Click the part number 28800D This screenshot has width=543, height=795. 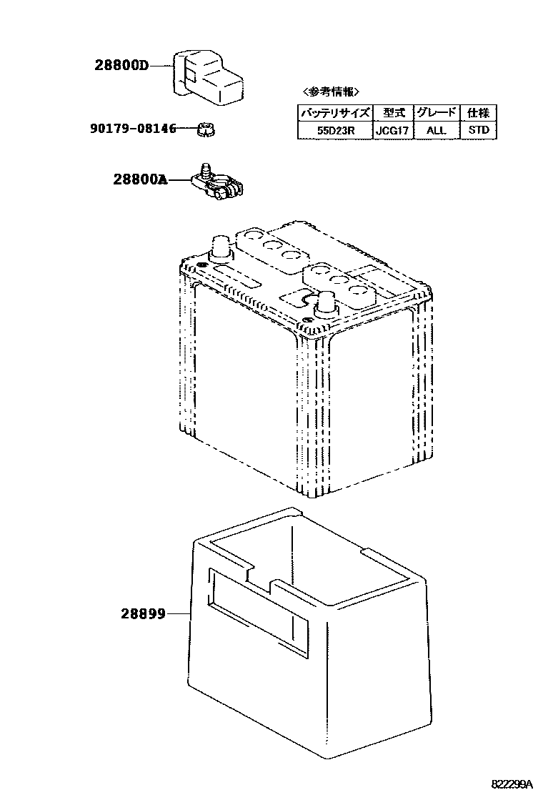coord(121,66)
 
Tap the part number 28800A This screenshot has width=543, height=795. coord(139,179)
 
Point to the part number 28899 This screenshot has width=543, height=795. coord(143,613)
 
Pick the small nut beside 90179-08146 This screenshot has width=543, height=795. coord(206,129)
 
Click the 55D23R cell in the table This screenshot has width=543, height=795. coord(334,131)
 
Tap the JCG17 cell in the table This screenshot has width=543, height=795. coord(392,131)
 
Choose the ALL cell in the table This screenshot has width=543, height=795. coord(436,131)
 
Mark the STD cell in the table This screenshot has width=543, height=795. coord(478,131)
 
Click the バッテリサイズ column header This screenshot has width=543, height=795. coord(334,113)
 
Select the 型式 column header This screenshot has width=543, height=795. coord(392,113)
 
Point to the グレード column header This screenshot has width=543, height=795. coord(436,113)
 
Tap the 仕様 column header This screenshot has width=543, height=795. coord(478,113)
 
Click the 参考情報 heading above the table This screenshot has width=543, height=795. coord(331,92)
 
